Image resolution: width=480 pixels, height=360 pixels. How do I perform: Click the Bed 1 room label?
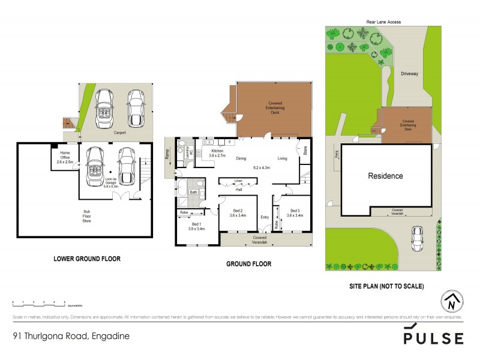pos(196,226)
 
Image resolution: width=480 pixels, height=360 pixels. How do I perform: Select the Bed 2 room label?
pos(238,213)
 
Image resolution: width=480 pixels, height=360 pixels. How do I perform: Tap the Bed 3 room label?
pos(295,213)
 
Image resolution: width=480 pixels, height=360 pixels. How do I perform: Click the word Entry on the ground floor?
pos(265,217)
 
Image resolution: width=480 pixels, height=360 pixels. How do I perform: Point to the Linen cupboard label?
pos(238,180)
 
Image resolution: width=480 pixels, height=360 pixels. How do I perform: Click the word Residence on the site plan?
pos(385,176)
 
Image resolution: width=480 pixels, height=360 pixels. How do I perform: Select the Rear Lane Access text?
pos(383,22)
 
